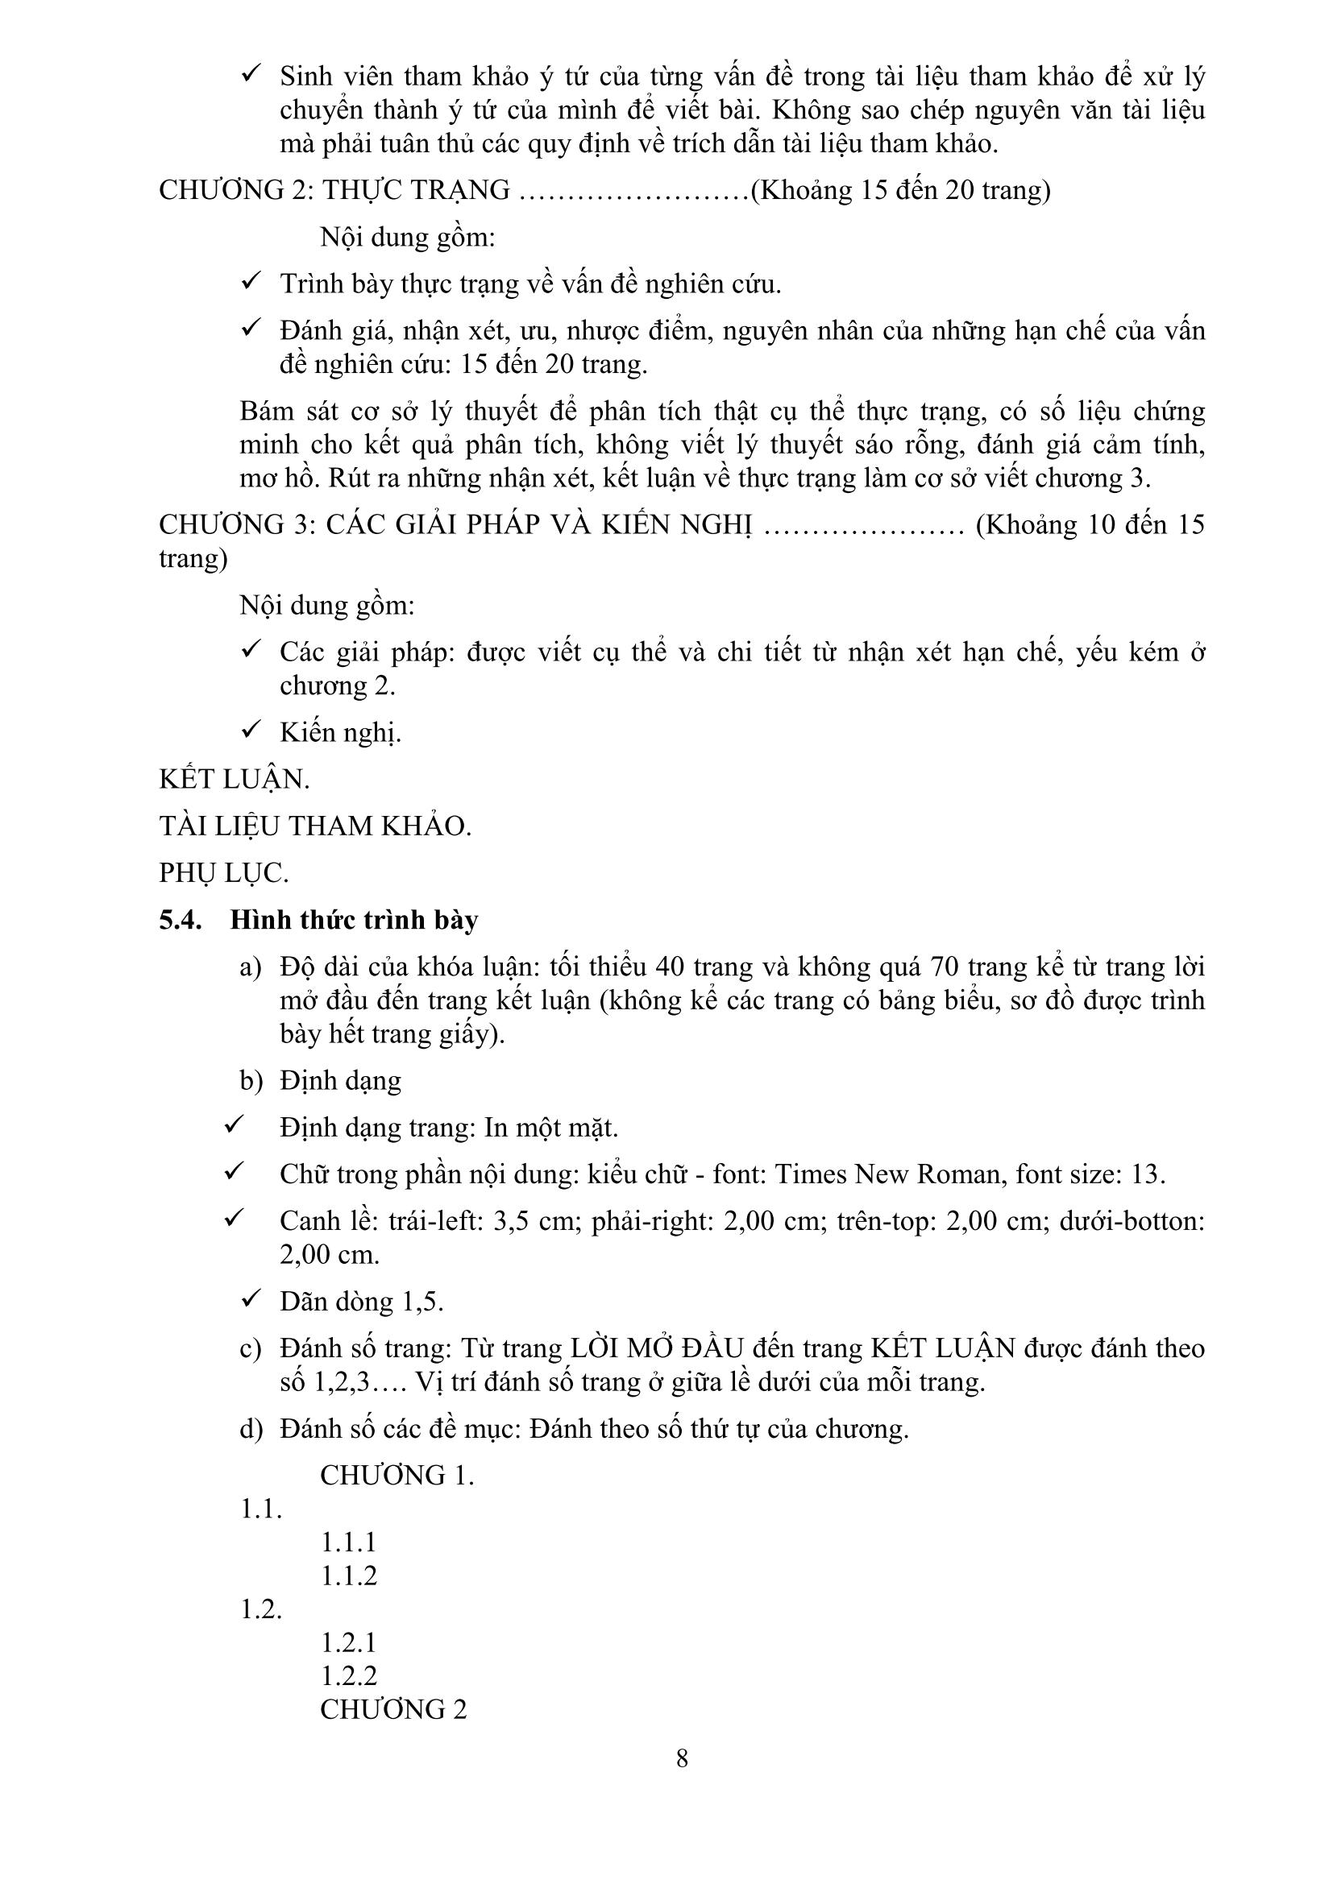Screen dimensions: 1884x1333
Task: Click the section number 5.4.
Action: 181,920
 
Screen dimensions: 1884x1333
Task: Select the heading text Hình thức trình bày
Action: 354,920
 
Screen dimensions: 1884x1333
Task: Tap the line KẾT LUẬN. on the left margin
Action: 234,779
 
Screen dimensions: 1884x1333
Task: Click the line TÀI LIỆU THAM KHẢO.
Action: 315,826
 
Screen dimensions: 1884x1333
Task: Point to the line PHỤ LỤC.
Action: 223,873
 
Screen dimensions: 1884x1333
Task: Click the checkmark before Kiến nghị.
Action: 251,729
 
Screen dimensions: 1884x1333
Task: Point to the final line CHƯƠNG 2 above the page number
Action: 393,1709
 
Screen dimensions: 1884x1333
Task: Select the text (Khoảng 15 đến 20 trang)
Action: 900,190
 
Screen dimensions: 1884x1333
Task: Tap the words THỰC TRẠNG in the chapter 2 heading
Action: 415,190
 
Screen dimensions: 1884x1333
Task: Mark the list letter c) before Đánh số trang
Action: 251,1349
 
